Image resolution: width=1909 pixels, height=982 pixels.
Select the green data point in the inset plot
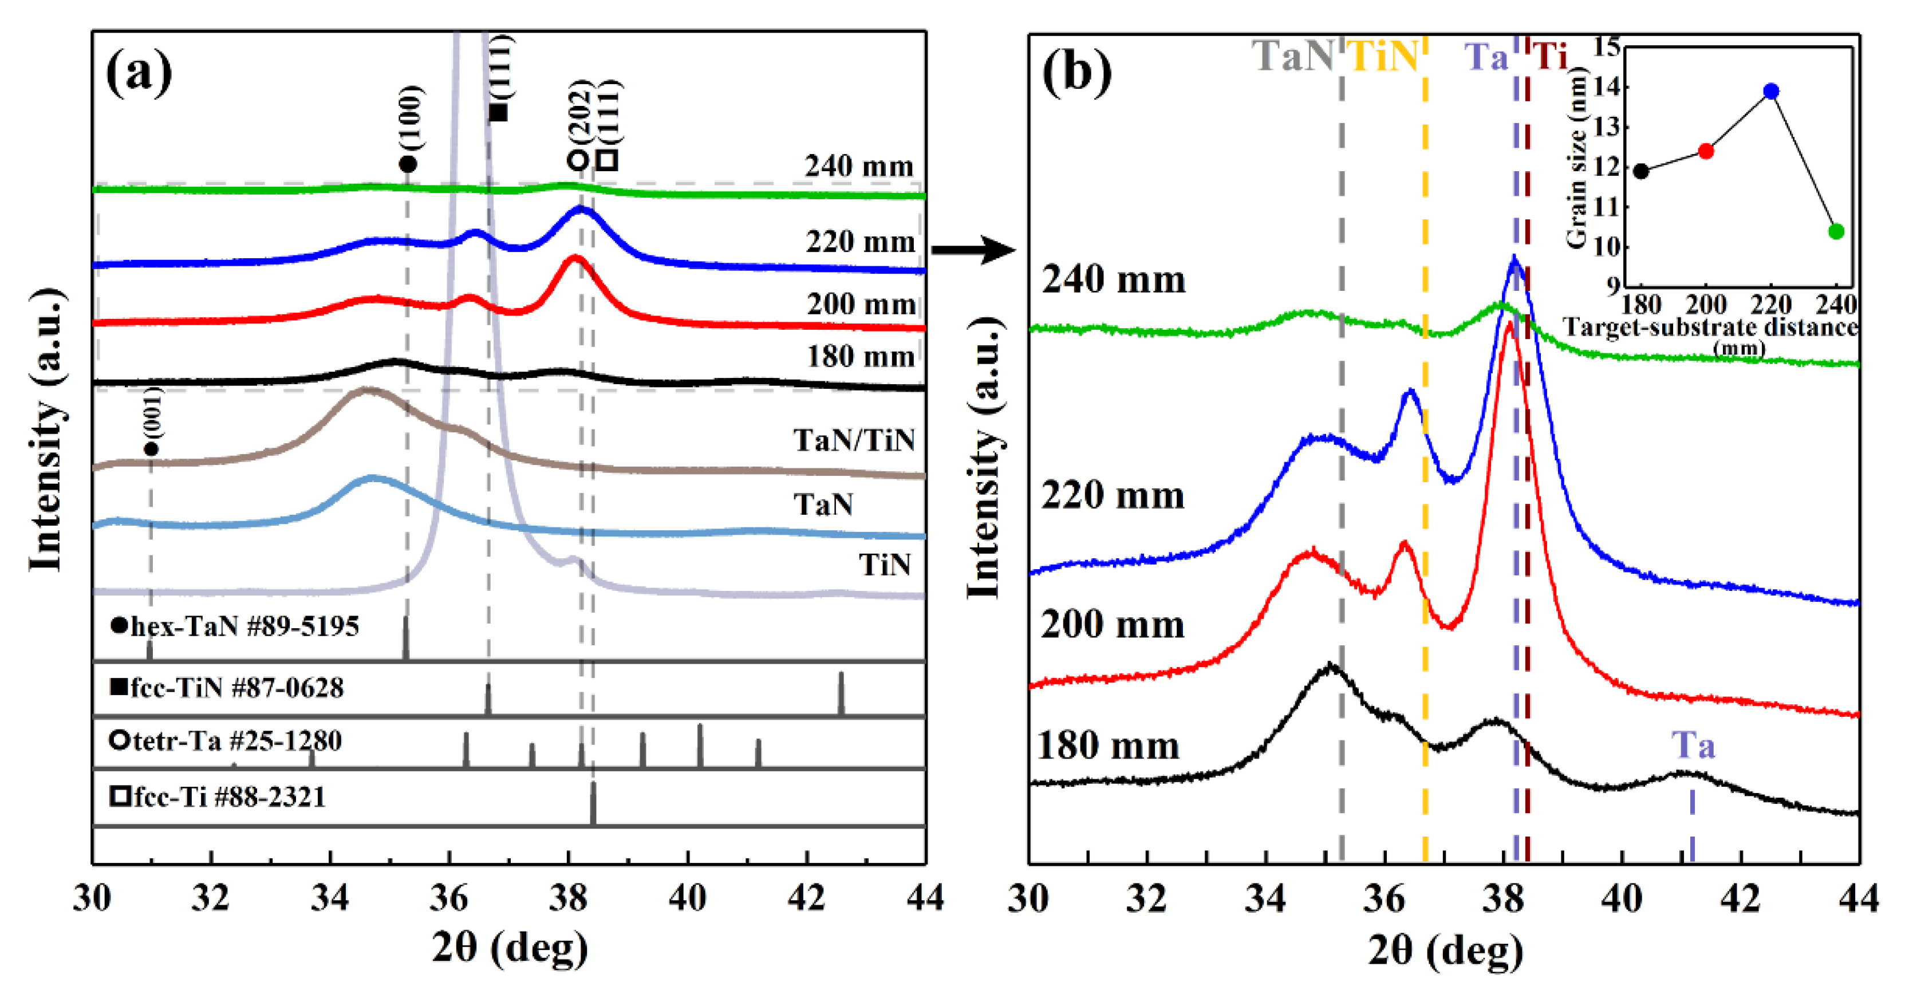[1836, 231]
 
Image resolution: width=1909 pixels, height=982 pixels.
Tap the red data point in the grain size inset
[1706, 151]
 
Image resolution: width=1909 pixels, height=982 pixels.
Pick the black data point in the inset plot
[1642, 171]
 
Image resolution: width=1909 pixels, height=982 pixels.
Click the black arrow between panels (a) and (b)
[972, 250]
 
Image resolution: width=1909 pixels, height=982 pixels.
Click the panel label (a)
[139, 72]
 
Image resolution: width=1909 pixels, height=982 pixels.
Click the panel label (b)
[1076, 72]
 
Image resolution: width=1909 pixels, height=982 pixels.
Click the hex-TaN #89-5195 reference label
[236, 627]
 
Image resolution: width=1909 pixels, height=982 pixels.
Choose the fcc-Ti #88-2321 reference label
[219, 798]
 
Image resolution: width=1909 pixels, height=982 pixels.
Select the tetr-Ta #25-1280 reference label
[226, 740]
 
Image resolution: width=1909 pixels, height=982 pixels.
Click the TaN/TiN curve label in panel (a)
[854, 440]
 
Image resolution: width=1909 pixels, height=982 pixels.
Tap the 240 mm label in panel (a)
[859, 166]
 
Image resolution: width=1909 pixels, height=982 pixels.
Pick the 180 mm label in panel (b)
[1108, 746]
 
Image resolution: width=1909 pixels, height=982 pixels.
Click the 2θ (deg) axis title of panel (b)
[1445, 949]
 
